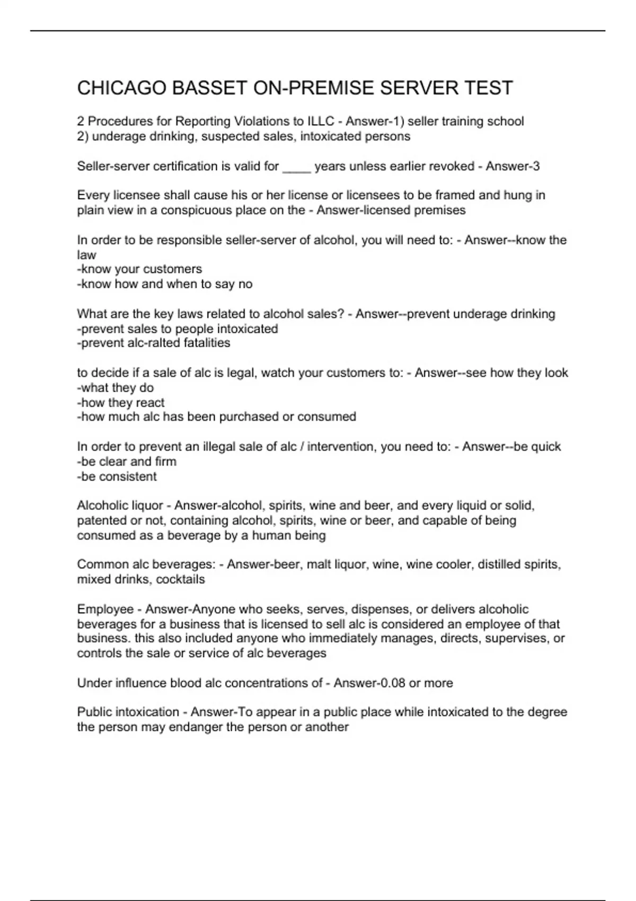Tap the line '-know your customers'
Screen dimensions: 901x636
(139, 269)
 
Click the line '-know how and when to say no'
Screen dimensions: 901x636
(165, 284)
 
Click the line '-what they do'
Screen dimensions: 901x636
(115, 387)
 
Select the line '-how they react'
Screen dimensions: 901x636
(120, 402)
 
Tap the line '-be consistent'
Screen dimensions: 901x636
(117, 476)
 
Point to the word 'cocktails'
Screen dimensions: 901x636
(180, 579)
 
